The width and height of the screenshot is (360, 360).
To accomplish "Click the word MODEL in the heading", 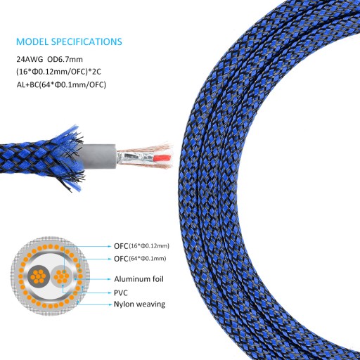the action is (32, 41).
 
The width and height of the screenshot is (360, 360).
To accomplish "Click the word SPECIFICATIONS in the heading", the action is (86, 41).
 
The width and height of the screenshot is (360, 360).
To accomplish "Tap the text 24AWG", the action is (30, 59).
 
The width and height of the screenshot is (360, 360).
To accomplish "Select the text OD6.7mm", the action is (65, 59).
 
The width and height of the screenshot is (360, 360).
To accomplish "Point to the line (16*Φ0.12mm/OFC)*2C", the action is (58, 72).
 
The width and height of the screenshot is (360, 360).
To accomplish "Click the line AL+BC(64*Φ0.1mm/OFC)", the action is (61, 84).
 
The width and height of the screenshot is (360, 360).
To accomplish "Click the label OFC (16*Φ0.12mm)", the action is (141, 246).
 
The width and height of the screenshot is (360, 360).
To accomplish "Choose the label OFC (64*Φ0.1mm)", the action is (140, 259).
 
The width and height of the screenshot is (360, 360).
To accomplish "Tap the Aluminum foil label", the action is (139, 279).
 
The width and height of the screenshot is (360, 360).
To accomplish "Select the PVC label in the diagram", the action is (121, 293).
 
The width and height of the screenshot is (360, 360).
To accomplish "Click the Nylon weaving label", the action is (139, 304).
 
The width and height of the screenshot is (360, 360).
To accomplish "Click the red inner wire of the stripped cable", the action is (163, 157).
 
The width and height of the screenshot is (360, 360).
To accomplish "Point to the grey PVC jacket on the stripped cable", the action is (98, 157).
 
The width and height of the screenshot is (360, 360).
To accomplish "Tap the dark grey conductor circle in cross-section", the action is (39, 276).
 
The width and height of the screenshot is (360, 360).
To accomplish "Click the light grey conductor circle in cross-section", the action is (62, 276).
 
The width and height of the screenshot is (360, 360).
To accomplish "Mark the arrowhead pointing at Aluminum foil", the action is (109, 279).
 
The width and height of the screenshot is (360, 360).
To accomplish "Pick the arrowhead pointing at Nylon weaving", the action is (110, 304).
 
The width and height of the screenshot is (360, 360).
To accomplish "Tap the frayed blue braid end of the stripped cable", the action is (70, 157).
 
